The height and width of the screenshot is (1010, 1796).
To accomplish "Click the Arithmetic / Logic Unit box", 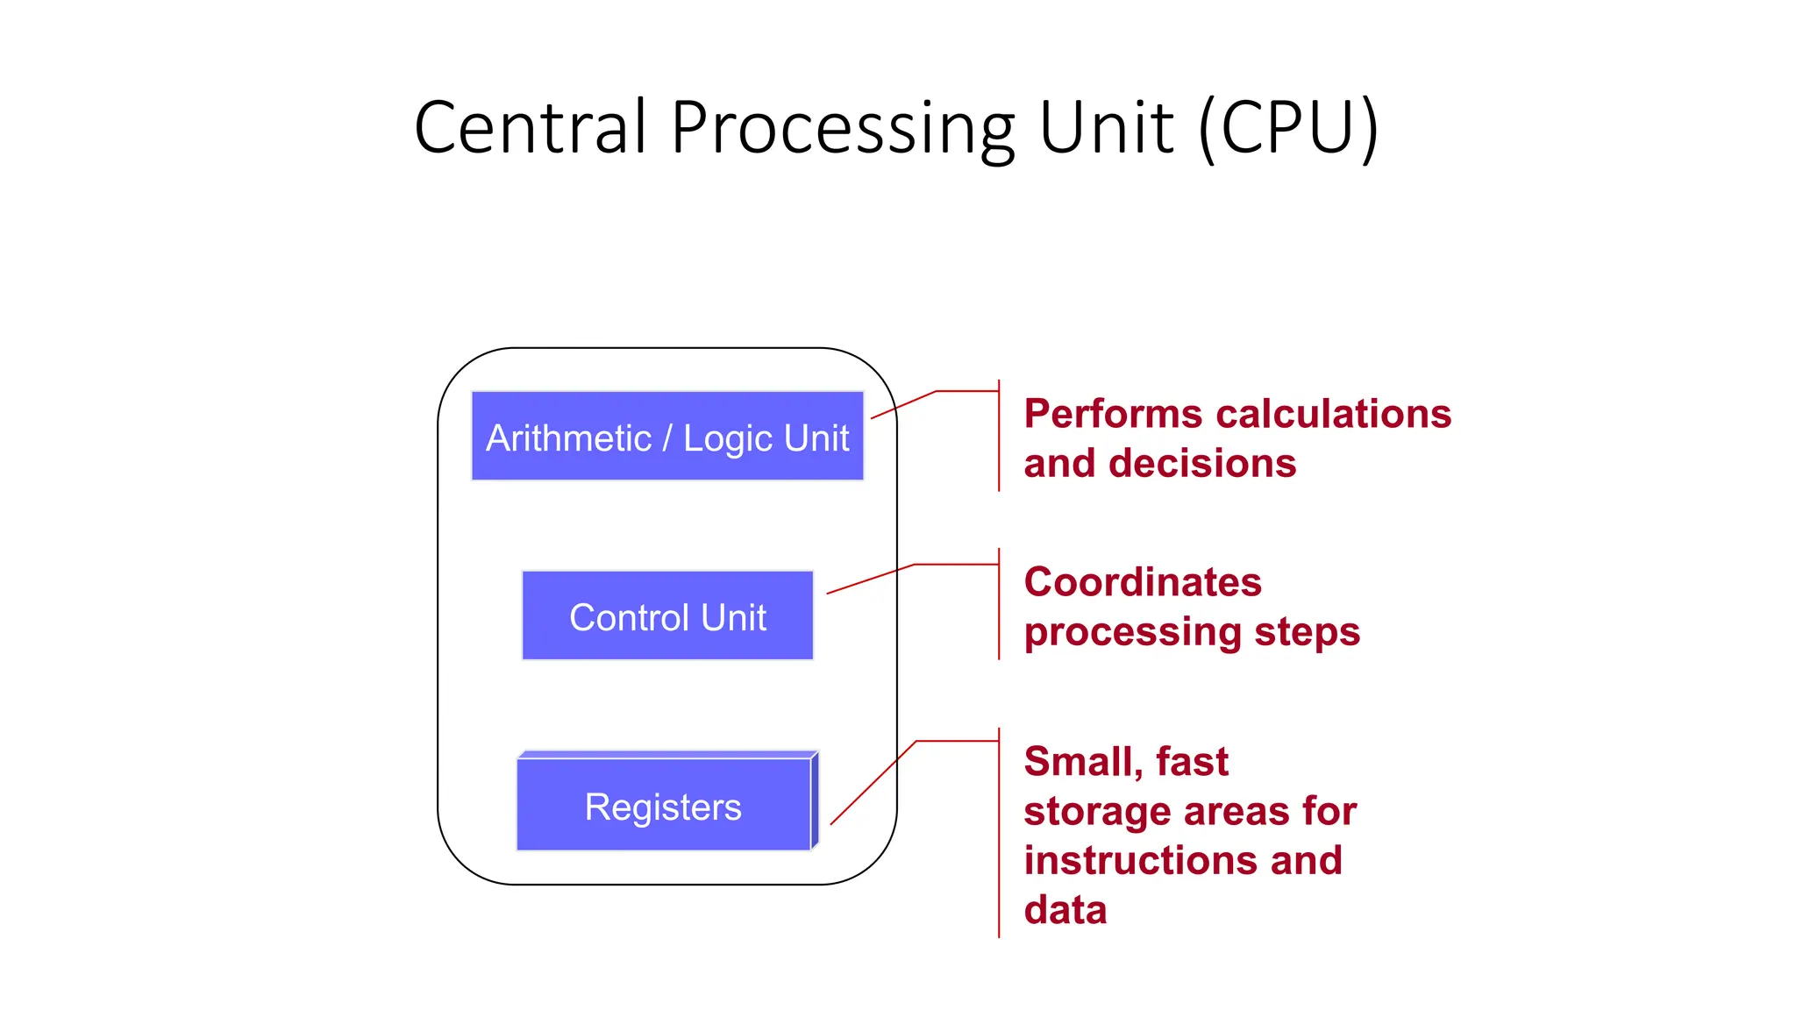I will (x=667, y=436).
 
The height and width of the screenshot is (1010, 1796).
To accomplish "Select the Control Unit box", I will (x=667, y=615).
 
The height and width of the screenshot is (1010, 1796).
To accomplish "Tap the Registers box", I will (x=664, y=805).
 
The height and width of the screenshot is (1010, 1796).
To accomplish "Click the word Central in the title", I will (x=531, y=128).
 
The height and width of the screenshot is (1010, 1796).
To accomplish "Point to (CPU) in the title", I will (x=1289, y=128).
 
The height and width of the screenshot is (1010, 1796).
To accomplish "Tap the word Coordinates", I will (x=1143, y=582).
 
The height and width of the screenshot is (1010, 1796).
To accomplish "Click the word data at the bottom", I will (x=1065, y=910).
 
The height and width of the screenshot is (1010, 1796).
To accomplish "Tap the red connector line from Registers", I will (x=873, y=783).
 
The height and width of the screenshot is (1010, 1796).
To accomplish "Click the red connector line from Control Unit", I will (x=870, y=579).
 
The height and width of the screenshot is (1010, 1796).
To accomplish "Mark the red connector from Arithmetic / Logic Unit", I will (x=903, y=404).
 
